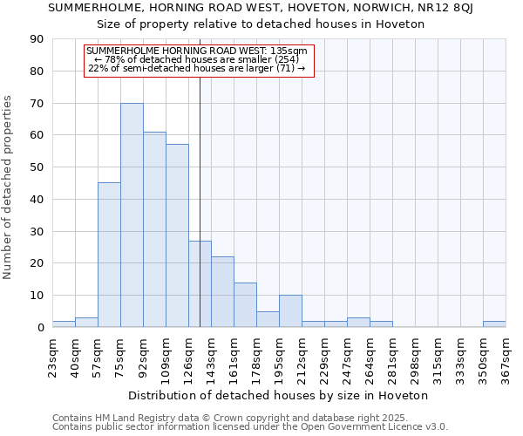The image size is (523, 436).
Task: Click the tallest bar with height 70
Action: coord(132,215)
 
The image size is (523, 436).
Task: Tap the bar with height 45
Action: coord(109,255)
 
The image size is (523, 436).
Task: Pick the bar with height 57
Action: coord(177,235)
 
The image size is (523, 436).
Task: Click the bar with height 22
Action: coord(222,292)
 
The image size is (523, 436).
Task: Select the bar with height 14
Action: coord(245,304)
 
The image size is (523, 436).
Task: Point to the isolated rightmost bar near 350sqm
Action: coord(494,324)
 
